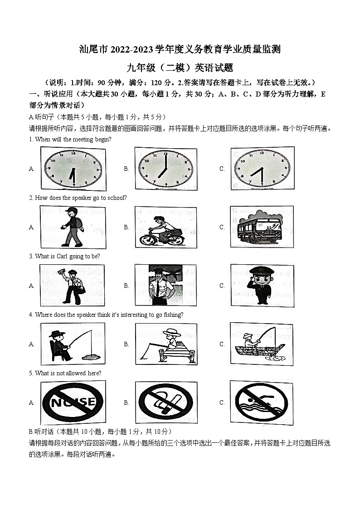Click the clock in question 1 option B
[x=166, y=168]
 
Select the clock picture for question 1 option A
[x=73, y=168]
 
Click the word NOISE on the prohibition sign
[x=73, y=402]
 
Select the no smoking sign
[x=166, y=402]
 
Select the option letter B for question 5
[x=126, y=402]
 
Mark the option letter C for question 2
[x=222, y=227]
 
